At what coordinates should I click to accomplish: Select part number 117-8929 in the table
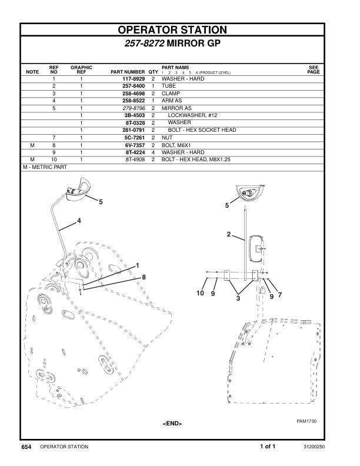tap(134, 79)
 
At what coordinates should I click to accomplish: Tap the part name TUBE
tap(169, 86)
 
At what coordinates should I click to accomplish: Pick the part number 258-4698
tap(134, 94)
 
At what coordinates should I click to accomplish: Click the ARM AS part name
tap(171, 101)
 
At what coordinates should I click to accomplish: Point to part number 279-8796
tap(134, 108)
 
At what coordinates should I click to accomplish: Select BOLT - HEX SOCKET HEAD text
tap(202, 130)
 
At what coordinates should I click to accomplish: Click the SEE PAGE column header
tap(314, 69)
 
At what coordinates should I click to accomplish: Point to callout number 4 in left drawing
tap(78, 221)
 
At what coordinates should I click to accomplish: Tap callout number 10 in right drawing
tap(201, 293)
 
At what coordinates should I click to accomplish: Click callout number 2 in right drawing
tap(228, 235)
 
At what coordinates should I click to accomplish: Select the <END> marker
tap(172, 424)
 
